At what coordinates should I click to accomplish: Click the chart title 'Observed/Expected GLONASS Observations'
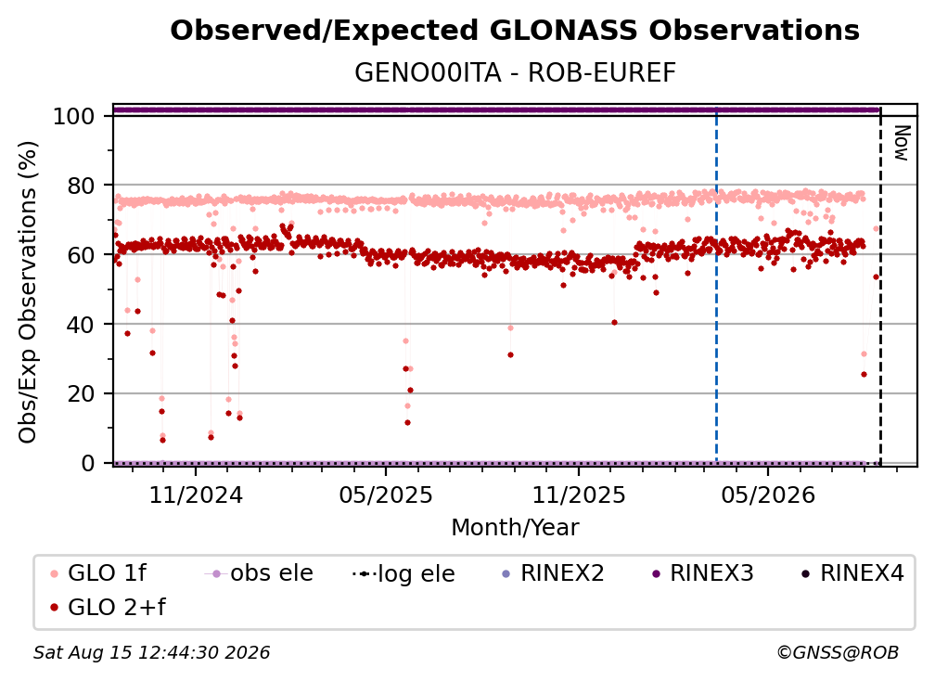click(x=515, y=31)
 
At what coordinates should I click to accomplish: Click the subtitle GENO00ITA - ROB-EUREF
click(x=515, y=73)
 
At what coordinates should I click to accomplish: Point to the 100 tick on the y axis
click(x=74, y=116)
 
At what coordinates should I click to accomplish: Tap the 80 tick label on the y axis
click(x=81, y=186)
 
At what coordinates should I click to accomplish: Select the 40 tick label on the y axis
click(x=81, y=325)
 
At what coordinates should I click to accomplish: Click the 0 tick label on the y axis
click(x=88, y=463)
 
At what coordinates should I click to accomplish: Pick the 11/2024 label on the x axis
click(x=196, y=495)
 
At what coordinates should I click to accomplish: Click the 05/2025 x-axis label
click(x=386, y=495)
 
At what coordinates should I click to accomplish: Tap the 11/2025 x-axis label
click(x=579, y=495)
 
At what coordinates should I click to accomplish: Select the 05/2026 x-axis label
click(x=768, y=495)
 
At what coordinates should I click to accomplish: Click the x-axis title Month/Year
click(x=515, y=528)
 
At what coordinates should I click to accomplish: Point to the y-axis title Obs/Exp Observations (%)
click(x=28, y=291)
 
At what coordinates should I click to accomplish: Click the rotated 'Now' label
click(x=901, y=143)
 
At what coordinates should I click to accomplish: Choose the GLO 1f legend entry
click(x=98, y=573)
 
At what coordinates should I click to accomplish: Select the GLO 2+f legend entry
click(x=108, y=608)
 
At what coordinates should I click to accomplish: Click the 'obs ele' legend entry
click(x=259, y=573)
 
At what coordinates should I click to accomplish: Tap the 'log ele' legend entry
click(x=404, y=573)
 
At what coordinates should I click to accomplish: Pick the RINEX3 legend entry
click(x=703, y=573)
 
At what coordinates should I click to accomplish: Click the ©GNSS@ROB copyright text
click(x=838, y=652)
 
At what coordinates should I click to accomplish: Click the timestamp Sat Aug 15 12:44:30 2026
click(x=151, y=652)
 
